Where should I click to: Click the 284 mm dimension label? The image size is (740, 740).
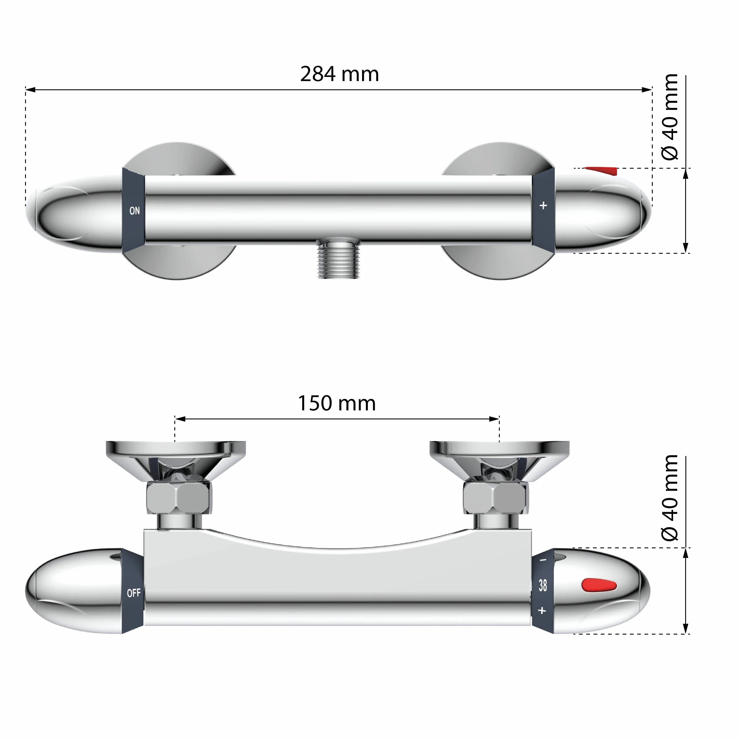pyautogui.click(x=339, y=74)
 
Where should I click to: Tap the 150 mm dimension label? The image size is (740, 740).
pyautogui.click(x=337, y=403)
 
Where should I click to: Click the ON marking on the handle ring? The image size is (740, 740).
pyautogui.click(x=134, y=211)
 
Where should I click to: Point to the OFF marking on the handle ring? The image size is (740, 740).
pyautogui.click(x=134, y=593)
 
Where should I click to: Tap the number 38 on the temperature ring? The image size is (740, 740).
pyautogui.click(x=543, y=585)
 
